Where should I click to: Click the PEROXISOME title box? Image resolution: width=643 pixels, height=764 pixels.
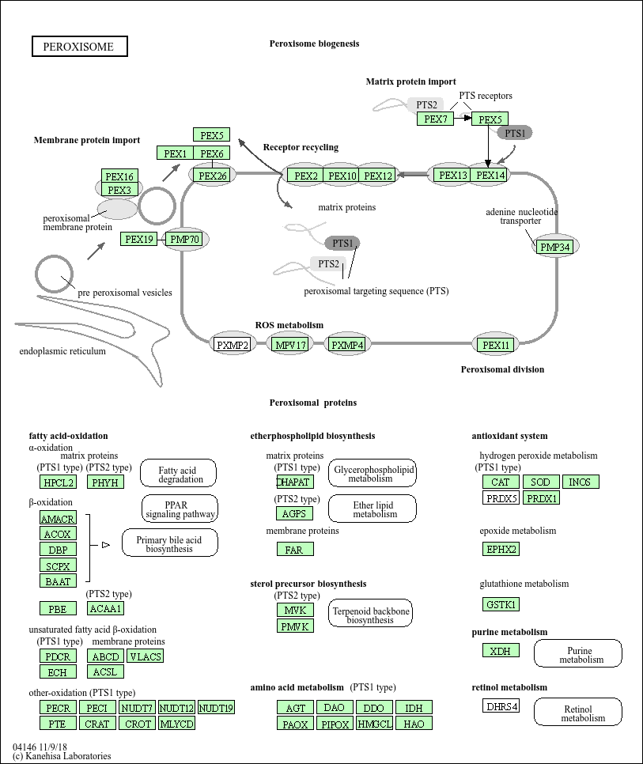79,47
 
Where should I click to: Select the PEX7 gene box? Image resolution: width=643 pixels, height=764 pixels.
436,119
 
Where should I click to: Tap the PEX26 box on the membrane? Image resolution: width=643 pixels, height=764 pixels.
213,176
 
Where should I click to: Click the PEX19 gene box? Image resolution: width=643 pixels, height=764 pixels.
139,239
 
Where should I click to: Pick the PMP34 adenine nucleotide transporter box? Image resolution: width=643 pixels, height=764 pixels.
554,248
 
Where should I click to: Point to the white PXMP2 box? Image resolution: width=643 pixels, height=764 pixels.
233,345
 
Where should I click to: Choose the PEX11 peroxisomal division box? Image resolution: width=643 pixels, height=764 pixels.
497,345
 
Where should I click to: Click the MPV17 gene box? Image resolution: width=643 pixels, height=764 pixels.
290,345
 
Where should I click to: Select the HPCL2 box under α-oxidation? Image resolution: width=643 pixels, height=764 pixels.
59,482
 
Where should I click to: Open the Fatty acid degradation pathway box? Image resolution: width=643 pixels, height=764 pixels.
180,473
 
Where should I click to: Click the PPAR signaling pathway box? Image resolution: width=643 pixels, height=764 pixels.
180,509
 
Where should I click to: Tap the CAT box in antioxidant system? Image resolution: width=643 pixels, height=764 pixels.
501,482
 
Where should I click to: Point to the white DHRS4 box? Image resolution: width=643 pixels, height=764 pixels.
501,705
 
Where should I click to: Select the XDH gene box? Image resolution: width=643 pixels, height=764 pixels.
501,650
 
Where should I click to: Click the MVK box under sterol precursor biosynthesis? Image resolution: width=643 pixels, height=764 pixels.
295,610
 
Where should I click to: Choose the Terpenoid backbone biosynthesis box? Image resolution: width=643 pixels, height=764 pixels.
370,615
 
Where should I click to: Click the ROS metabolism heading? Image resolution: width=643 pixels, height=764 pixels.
289,325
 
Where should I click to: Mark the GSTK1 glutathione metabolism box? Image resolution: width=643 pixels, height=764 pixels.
501,604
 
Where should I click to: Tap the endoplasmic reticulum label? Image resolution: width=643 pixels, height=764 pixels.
62,351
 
